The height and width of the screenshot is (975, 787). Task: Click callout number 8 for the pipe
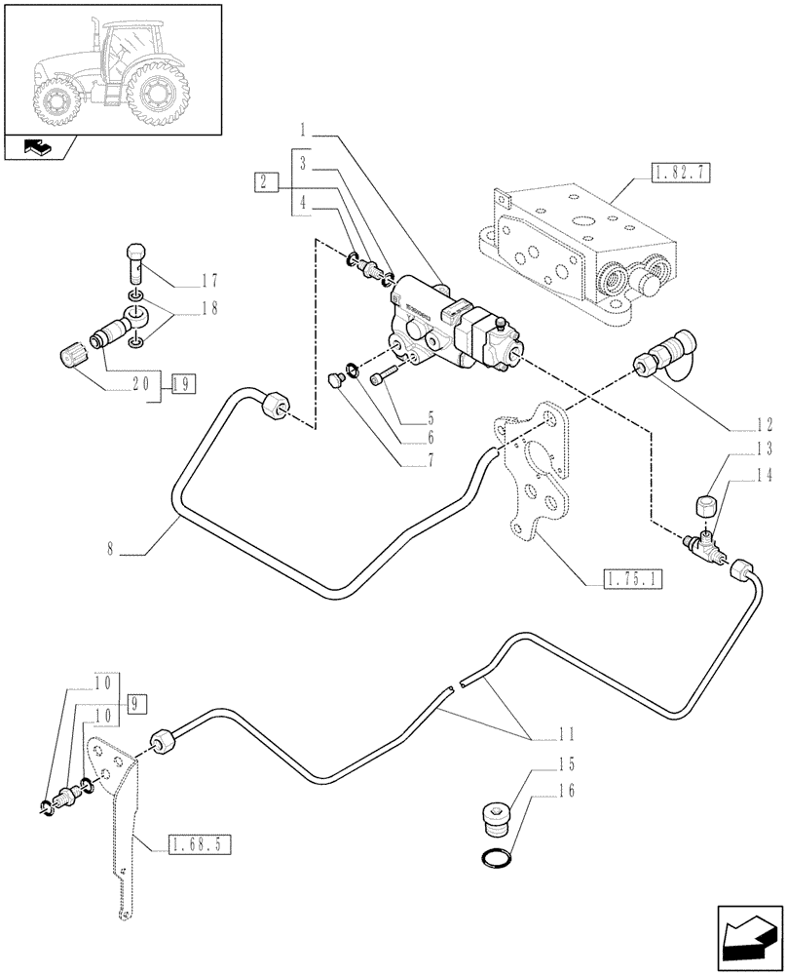pos(111,552)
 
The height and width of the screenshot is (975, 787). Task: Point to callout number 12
pos(763,425)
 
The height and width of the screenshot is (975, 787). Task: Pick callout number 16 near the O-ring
pos(565,791)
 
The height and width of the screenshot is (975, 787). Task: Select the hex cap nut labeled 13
pos(707,506)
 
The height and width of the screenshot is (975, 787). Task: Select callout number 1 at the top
pos(305,129)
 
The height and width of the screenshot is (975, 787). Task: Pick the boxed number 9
pos(134,703)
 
